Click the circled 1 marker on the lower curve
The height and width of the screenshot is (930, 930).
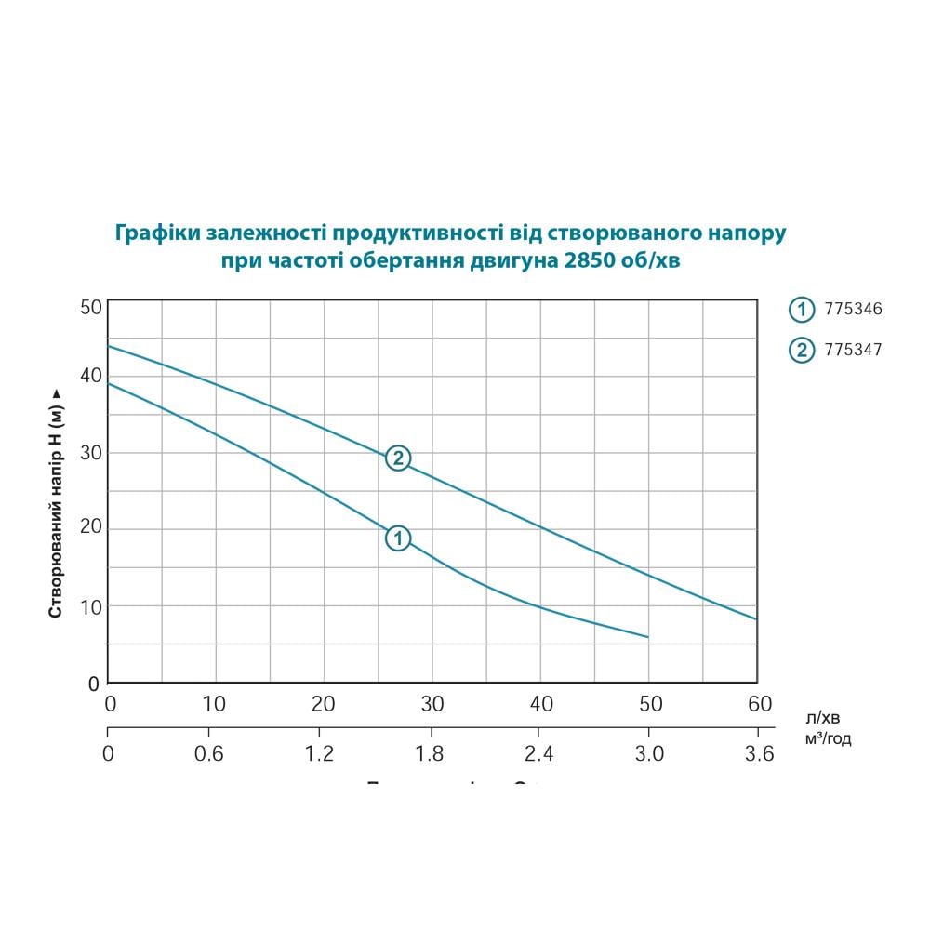pos(398,538)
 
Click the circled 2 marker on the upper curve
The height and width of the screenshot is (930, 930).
pos(398,458)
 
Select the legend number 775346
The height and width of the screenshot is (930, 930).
pos(853,310)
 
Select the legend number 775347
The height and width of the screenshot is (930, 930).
pos(853,350)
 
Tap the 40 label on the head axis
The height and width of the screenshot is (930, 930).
pos(89,376)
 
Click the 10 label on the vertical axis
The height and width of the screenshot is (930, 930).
pos(89,606)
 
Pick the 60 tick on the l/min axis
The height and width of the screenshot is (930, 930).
pos(760,704)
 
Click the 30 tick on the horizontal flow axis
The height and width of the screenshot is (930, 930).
pos(432,704)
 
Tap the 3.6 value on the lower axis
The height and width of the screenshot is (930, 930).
pos(760,754)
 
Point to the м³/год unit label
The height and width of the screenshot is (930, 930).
pos(829,739)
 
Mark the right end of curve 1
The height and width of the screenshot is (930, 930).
pos(647,637)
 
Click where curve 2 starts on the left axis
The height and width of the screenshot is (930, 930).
pos(109,346)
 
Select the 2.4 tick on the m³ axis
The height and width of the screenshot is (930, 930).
pos(539,754)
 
